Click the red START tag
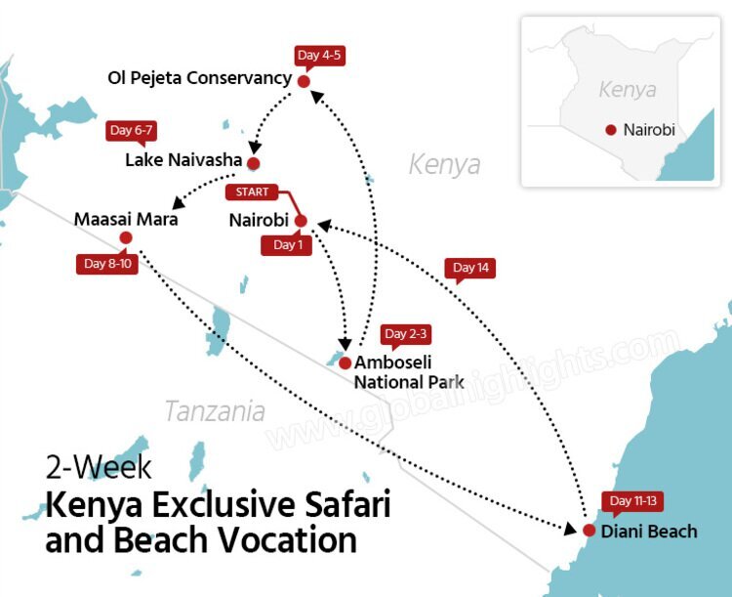pos(252,192)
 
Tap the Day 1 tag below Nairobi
pos(287,245)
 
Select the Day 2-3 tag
pos(406,334)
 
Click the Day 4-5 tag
pos(321,55)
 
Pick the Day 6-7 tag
pos(132,131)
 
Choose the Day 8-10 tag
pos(106,264)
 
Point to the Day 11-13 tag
pos(633,501)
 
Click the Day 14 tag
pos(470,268)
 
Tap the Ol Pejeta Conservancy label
pos(200,77)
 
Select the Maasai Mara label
pos(126,219)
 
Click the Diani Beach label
pos(650,532)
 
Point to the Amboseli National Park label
pos(409,371)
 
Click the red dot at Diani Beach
pos(589,531)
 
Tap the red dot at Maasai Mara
pos(125,237)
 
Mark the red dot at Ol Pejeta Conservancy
pos(304,81)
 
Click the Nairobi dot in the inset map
pos(611,130)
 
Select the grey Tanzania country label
pos(214,411)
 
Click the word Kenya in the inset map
pos(628,91)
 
